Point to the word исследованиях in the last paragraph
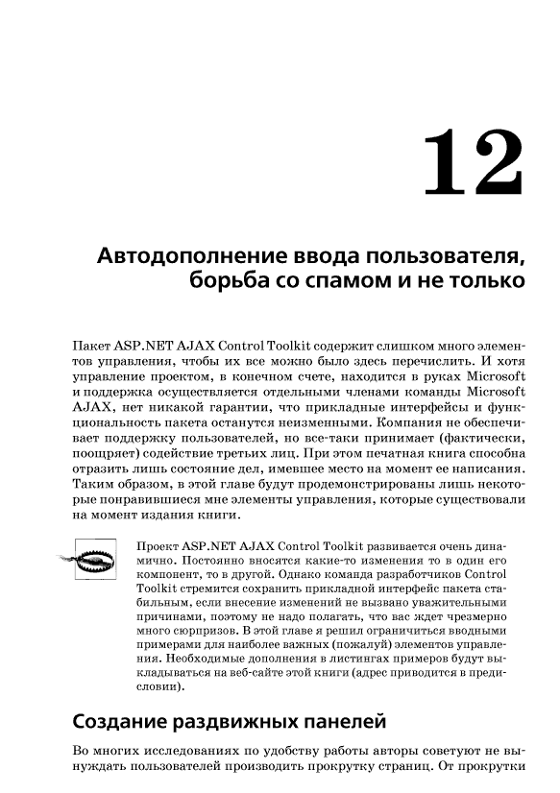click(x=184, y=751)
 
